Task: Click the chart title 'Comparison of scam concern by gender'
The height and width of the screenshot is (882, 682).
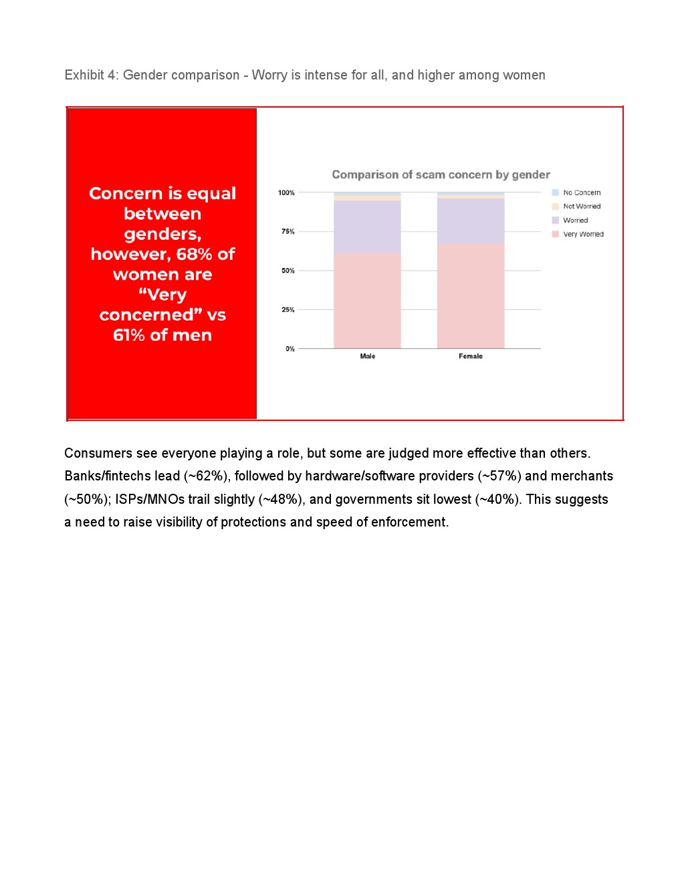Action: [441, 175]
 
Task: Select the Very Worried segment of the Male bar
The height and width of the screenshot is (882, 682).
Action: [367, 301]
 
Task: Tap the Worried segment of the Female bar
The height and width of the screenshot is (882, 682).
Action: [471, 221]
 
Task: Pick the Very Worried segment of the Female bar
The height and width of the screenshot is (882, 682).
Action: [471, 296]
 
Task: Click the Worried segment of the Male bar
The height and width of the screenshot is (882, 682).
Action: [367, 227]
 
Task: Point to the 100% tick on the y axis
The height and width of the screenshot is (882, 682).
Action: [286, 193]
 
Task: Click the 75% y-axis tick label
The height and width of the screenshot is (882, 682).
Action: [288, 232]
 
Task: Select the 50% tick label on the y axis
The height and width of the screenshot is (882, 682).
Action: [288, 271]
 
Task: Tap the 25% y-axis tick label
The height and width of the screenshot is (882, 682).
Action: [288, 310]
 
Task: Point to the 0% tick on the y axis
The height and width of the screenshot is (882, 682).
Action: [290, 349]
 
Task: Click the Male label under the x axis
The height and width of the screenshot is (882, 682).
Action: [368, 357]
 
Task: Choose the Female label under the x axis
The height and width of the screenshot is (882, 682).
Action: [471, 357]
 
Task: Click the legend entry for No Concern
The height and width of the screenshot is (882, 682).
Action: [582, 193]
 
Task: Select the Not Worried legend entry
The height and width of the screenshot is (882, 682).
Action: [582, 206]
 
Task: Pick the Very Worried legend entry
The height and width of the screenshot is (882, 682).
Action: [583, 235]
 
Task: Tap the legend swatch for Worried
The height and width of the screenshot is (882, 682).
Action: [555, 220]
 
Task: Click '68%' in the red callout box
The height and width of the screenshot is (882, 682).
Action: [195, 255]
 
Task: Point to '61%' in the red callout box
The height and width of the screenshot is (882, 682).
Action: [129, 335]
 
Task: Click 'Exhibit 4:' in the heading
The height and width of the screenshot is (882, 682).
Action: [92, 76]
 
